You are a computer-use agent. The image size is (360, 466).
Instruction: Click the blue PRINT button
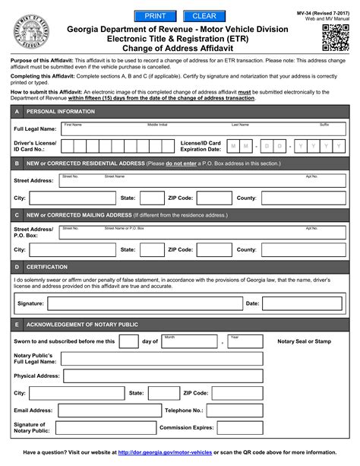155,16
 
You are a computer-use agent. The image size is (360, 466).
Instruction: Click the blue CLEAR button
204,16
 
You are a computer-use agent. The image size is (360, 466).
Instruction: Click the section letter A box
17,111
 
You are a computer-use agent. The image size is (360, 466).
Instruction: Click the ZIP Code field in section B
213,198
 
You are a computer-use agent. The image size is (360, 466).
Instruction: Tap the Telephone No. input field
235,411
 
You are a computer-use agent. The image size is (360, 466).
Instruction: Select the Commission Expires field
235,428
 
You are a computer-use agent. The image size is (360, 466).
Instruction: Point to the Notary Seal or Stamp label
304,341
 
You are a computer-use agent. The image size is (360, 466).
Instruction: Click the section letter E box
17,325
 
